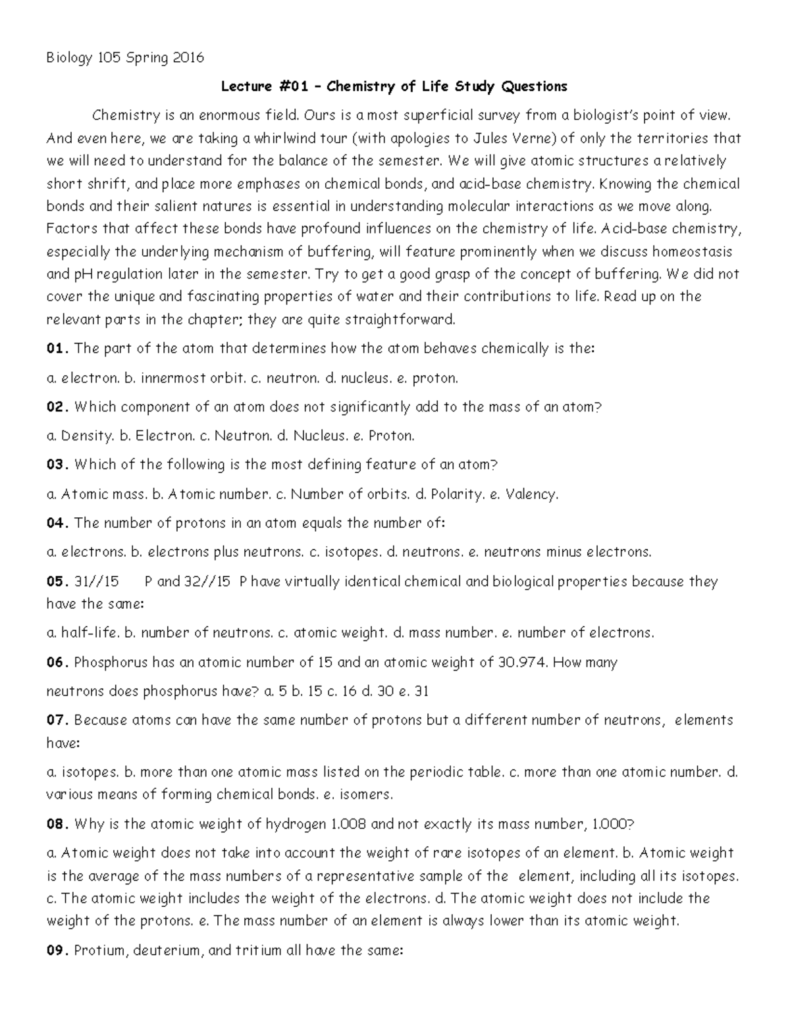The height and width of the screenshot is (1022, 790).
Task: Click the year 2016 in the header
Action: point(188,58)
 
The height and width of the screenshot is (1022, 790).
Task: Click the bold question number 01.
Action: point(57,349)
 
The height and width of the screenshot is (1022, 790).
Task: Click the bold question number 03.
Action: point(57,465)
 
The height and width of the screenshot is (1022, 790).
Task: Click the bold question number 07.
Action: point(57,720)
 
